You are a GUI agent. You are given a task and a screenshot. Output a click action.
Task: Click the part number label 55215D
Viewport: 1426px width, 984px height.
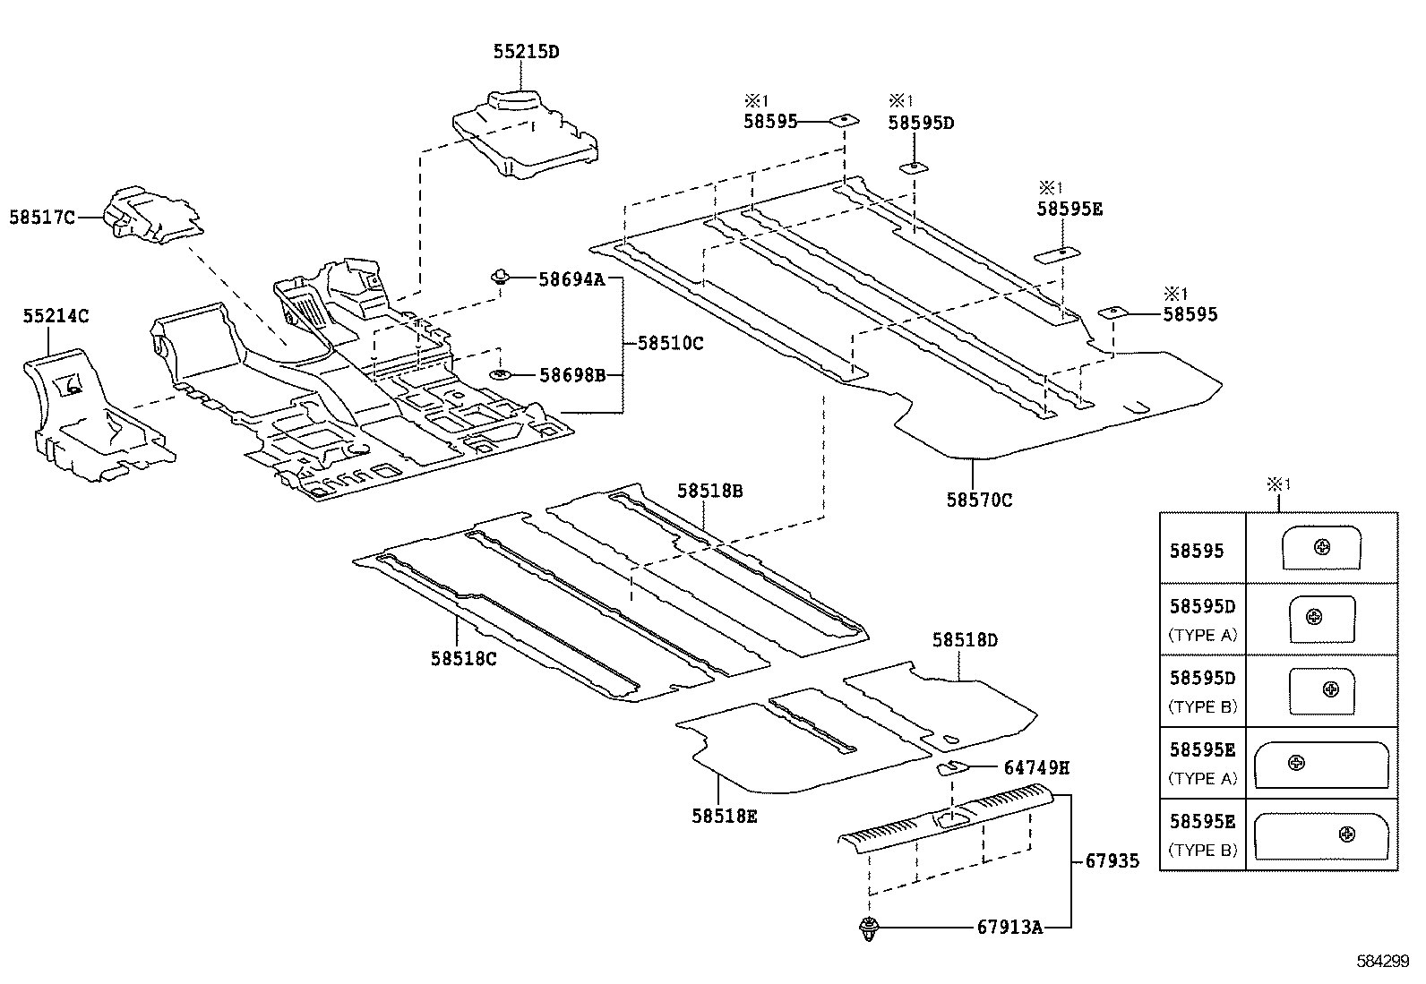526,52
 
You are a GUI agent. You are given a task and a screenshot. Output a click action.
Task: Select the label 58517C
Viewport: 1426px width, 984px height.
42,217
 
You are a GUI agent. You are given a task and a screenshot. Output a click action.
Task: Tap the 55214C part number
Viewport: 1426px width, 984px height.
56,316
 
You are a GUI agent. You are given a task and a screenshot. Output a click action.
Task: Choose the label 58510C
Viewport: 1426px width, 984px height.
670,343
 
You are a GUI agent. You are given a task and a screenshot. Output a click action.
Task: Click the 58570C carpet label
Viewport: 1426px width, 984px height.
979,500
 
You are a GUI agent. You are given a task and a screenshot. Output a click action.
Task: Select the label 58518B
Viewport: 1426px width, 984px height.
709,491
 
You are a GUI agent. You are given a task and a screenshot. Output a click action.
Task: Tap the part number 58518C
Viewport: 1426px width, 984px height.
463,658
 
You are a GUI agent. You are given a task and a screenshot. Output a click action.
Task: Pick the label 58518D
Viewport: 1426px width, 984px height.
965,640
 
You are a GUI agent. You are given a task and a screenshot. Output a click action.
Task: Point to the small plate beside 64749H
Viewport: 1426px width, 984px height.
950,767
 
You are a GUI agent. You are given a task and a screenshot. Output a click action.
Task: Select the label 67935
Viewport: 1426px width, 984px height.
1112,861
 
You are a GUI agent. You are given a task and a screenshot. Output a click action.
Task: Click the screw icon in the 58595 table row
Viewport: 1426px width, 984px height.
1322,547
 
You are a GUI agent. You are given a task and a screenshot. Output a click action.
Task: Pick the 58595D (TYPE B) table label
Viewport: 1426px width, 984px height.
1202,691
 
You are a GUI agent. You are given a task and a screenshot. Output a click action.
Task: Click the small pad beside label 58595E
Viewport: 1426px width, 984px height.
1058,255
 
